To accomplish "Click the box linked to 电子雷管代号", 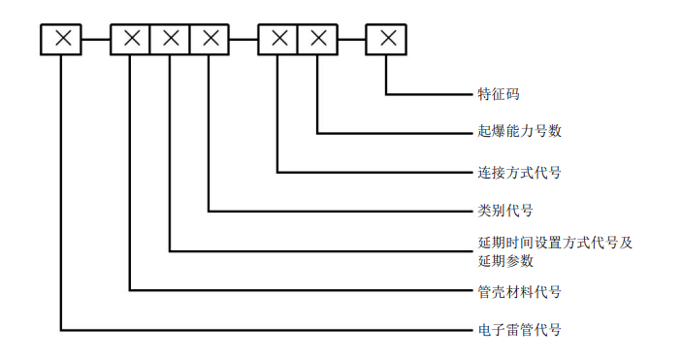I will (62, 39).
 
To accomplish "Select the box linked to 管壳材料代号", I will (132, 39).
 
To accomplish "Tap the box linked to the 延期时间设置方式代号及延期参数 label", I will (171, 39).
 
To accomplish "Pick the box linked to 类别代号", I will (210, 39).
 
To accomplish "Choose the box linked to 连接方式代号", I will (279, 39).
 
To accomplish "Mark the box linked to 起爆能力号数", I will (317, 39).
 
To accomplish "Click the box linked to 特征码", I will (387, 39).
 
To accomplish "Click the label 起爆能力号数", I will (519, 131).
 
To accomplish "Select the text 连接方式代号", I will (519, 173).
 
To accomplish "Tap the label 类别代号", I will (505, 210).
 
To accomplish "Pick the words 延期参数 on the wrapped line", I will (505, 260).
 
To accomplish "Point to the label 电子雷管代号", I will (519, 330).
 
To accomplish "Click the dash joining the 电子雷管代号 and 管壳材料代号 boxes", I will (97, 39).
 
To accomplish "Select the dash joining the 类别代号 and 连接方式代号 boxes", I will (244, 39).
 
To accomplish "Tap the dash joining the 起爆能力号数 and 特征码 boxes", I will (352, 39).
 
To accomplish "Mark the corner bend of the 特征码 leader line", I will (387, 94).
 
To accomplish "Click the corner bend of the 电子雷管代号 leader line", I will (62, 330).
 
